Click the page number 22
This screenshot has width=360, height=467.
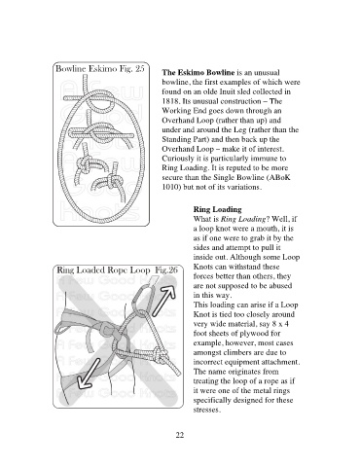coord(180,435)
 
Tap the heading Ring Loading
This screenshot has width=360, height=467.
coord(217,209)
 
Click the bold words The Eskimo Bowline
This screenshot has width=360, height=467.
coord(198,72)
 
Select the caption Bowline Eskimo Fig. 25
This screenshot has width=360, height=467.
coord(100,69)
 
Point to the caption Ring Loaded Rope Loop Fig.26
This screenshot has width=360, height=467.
coord(118,270)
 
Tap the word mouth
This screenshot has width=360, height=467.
coord(269,229)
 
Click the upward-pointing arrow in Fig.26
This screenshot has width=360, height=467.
coord(163,301)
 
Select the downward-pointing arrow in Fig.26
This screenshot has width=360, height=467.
coord(89,374)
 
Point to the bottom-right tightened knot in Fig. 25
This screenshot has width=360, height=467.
coord(110,183)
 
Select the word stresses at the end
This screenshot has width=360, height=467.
coord(206,410)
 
